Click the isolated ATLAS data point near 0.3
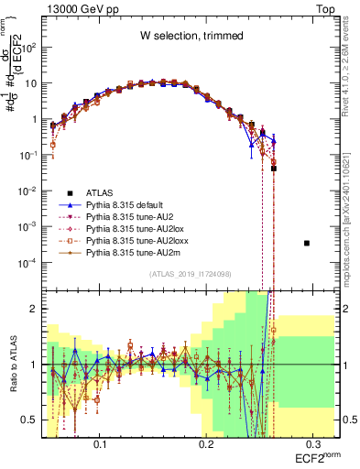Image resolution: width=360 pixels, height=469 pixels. point(307,243)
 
